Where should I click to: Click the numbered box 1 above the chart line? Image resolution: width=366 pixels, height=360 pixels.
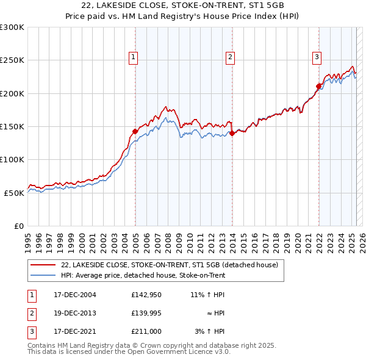coord(133,58)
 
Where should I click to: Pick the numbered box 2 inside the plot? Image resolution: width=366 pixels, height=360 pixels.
coord(230,58)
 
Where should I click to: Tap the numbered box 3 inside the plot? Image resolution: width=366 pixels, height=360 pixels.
coord(317,58)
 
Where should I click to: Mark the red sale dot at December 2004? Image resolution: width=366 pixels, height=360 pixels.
coord(135,131)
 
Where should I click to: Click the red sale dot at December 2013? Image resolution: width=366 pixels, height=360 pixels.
coord(232,133)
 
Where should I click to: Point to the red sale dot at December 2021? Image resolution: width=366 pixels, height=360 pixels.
coord(318,86)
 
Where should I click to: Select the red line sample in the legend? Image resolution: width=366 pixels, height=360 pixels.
coord(42,265)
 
